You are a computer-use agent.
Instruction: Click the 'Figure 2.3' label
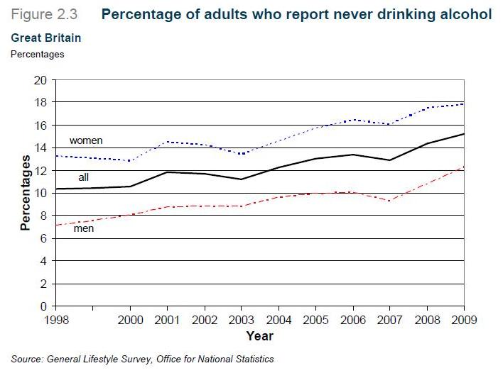click(45, 14)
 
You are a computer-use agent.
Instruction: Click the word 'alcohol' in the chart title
click(465, 14)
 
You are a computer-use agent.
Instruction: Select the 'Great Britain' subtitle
click(46, 38)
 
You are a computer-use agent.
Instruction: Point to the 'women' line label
click(86, 140)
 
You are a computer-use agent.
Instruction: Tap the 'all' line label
click(83, 177)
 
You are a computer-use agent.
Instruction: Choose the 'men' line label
click(84, 228)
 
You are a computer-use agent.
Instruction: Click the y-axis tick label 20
click(39, 80)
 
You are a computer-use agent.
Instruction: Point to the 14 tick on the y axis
click(39, 147)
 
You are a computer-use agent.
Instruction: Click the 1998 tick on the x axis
click(55, 320)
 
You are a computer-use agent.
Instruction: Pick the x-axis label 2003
click(242, 320)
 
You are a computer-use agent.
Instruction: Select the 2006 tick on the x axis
click(353, 320)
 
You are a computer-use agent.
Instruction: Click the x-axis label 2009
click(464, 320)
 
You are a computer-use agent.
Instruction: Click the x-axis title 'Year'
click(259, 335)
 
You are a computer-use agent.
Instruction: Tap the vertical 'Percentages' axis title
click(25, 193)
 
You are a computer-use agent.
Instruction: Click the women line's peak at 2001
click(167, 142)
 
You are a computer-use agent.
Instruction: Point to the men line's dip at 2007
click(390, 201)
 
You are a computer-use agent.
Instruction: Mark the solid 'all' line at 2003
click(242, 179)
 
